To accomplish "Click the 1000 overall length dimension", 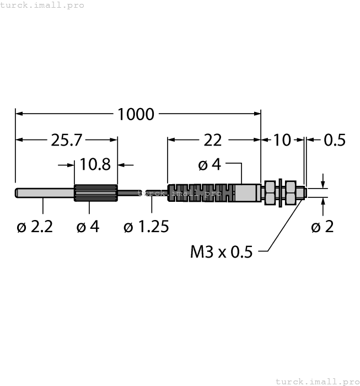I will point(136,114).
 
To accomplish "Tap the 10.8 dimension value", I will point(95,164).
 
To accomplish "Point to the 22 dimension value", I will point(212,140).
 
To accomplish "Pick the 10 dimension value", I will point(282,140).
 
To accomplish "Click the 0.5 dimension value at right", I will point(334,140).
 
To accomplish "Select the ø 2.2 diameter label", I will point(35,227).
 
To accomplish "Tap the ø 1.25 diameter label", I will point(146,227).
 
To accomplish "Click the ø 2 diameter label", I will point(323,227).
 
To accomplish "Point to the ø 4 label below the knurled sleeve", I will point(88,227).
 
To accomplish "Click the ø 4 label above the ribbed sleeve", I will point(209,164).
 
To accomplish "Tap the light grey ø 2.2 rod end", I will point(44,192).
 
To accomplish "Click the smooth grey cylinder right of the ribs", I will point(246,193).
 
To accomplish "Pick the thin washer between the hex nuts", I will point(281,193).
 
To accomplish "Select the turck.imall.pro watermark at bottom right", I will point(316,381).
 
